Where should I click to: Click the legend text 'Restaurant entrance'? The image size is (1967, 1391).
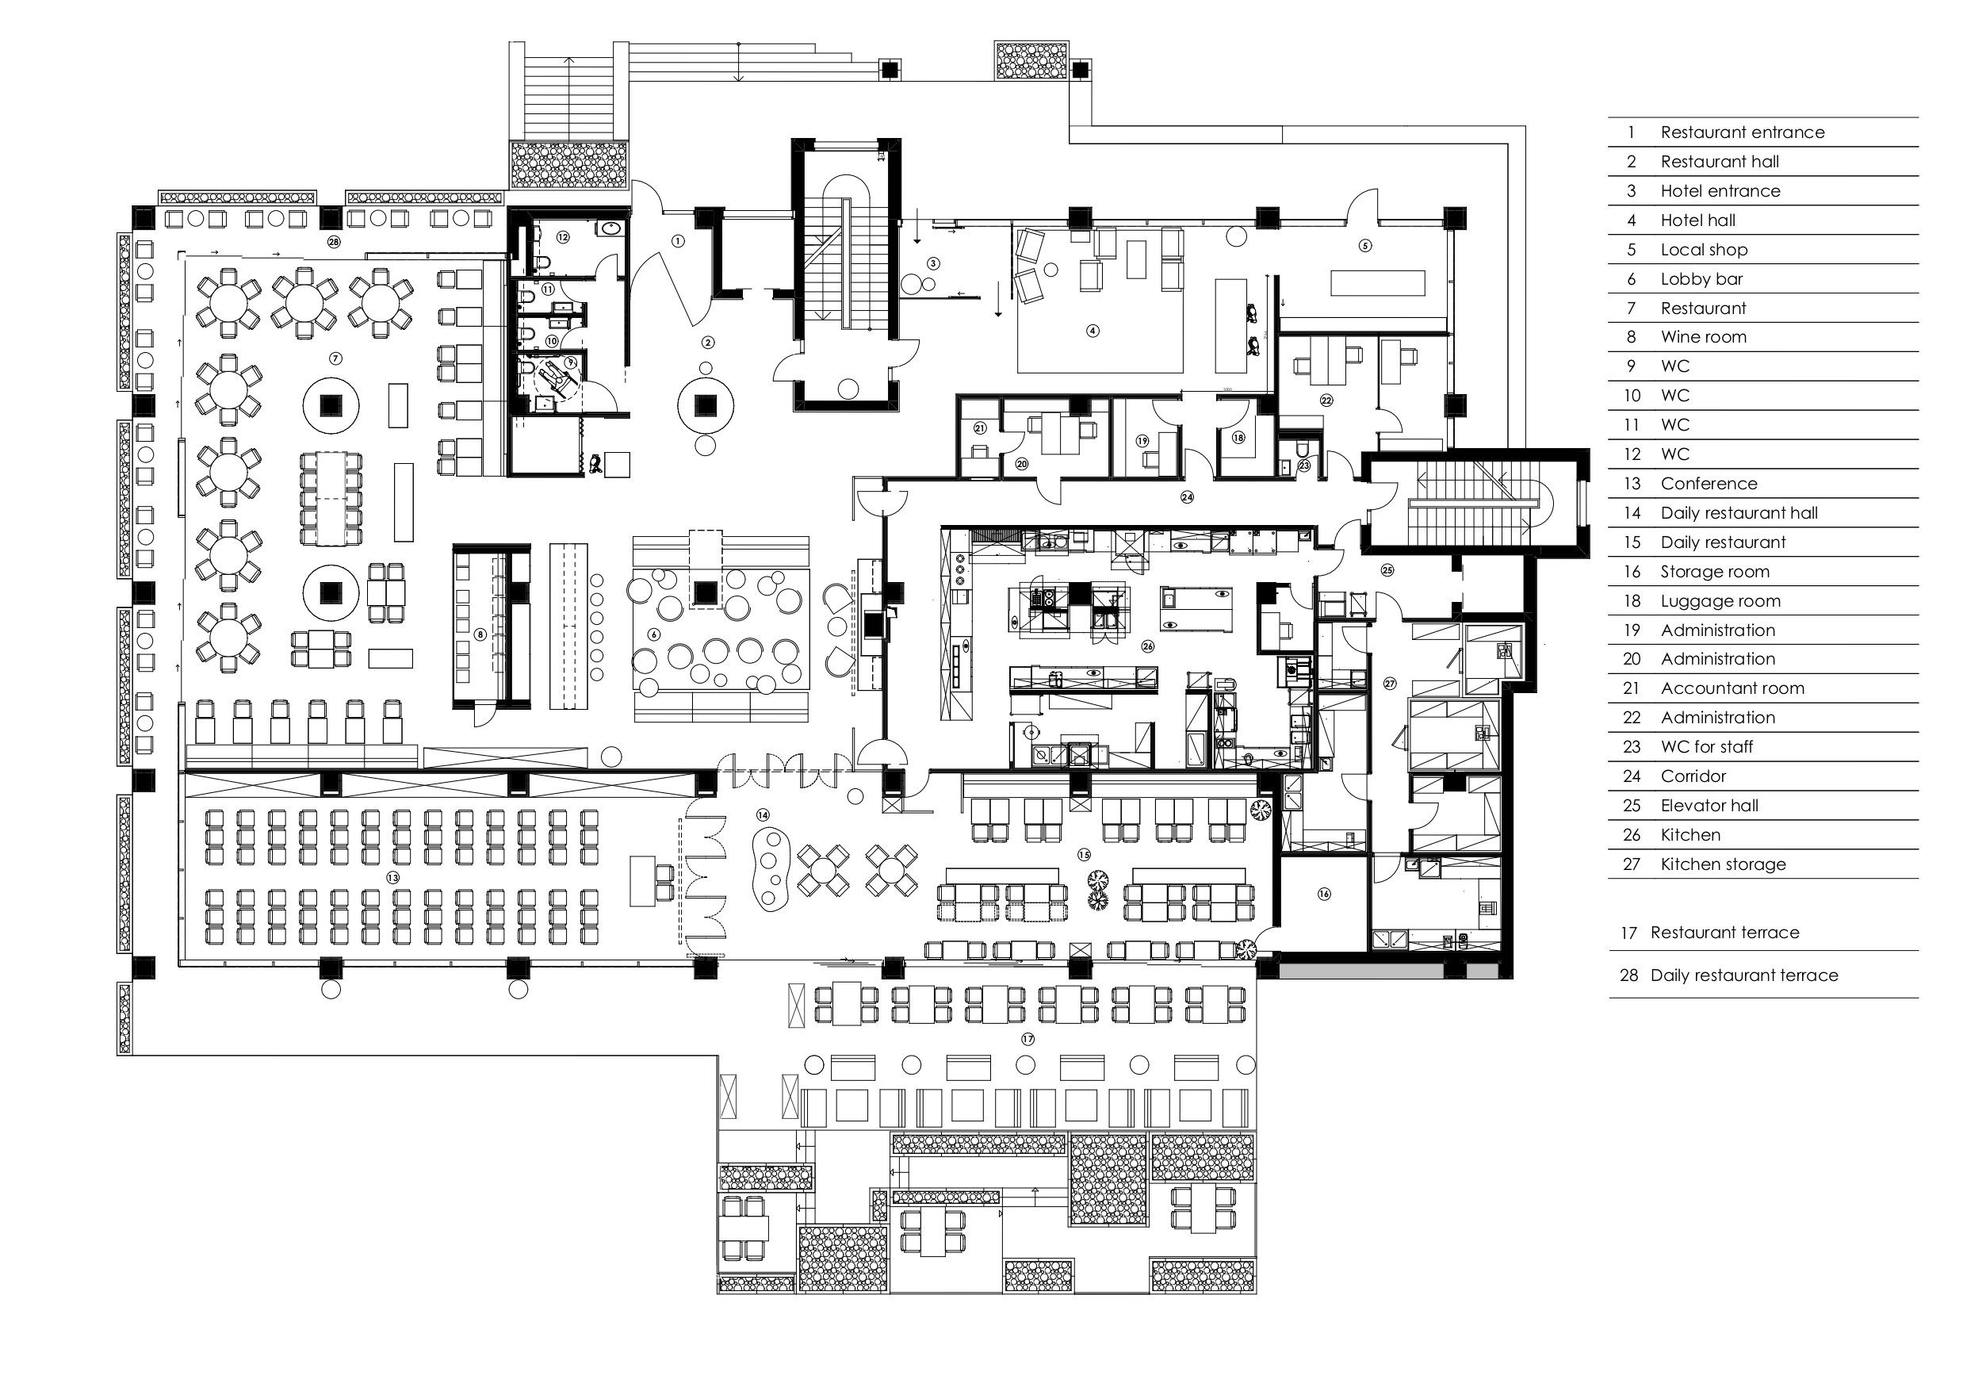tap(1742, 132)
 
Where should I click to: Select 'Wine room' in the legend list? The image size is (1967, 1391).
tap(1703, 337)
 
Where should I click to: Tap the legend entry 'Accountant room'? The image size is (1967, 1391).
tap(1732, 688)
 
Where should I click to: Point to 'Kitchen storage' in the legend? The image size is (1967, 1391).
tap(1723, 864)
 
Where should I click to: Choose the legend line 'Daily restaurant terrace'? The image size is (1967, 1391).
tap(1744, 975)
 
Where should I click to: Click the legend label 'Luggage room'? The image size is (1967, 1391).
tap(1720, 601)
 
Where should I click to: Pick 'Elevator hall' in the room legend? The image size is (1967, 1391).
tap(1709, 806)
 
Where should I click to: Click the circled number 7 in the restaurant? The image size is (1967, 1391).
tap(336, 358)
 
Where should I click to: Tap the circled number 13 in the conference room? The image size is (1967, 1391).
tap(392, 878)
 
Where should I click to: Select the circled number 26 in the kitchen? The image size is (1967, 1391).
tap(1148, 646)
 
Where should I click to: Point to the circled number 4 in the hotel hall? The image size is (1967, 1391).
tap(1093, 330)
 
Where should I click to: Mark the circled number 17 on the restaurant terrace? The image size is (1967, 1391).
tap(1028, 1039)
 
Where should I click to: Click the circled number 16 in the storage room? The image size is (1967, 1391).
tap(1325, 894)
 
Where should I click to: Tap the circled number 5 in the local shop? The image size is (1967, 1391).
tap(1365, 245)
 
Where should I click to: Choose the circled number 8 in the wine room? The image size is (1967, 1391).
tap(480, 635)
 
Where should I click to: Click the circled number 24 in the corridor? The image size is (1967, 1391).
tap(1187, 497)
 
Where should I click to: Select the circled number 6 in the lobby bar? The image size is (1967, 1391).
tap(655, 635)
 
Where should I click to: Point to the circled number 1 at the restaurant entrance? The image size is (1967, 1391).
tap(679, 242)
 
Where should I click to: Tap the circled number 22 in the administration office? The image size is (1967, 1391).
tap(1327, 400)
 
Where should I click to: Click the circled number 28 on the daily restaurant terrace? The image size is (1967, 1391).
tap(333, 242)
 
